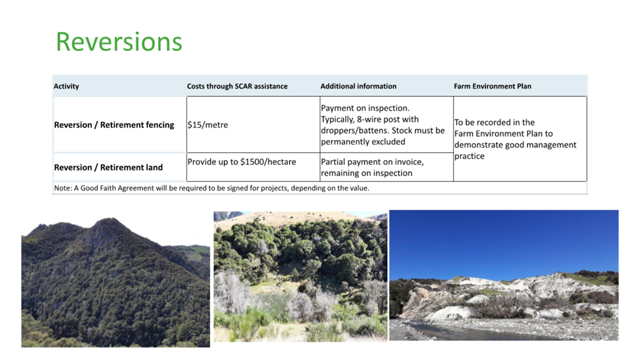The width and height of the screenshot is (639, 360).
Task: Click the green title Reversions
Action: point(119,42)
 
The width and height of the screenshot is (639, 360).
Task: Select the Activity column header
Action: point(66,86)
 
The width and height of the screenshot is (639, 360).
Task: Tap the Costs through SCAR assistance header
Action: point(237,86)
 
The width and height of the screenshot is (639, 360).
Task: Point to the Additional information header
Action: point(358,86)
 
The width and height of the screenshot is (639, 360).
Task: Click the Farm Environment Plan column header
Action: point(492,86)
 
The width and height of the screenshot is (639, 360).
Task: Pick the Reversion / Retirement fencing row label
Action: point(114,125)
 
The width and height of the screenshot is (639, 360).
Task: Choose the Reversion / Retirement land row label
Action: point(108,167)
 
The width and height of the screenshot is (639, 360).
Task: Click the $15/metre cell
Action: point(208,125)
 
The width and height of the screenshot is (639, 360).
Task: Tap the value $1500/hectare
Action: point(268,162)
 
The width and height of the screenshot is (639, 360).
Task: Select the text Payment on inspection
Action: point(366,108)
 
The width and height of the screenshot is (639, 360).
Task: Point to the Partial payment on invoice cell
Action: point(373,167)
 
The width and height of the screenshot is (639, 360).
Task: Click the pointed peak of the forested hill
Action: point(108,220)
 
